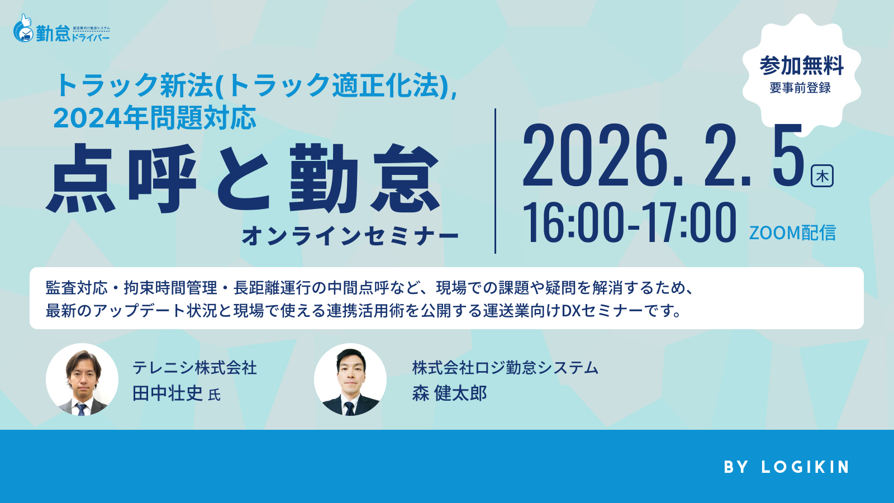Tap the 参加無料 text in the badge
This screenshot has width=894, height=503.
coord(801,66)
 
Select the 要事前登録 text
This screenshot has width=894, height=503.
coord(800,88)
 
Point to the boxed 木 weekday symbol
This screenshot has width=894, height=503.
coord(822,175)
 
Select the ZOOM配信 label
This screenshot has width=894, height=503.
coord(792,232)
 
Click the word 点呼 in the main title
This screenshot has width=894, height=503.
coord(122,178)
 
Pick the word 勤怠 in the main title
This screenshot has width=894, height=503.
coord(364,178)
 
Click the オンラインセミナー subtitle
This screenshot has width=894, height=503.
coord(350,236)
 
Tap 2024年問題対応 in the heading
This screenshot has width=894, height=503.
coord(155,118)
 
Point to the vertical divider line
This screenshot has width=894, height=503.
coord(495,181)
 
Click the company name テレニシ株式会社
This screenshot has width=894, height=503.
coord(194,368)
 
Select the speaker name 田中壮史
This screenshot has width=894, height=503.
coord(168,393)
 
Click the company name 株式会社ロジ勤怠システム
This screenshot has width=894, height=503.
coord(505,368)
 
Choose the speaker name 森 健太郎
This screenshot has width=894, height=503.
coord(449,393)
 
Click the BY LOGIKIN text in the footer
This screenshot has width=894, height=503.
coord(787,467)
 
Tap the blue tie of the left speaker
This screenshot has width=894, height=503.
coord(82,409)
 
